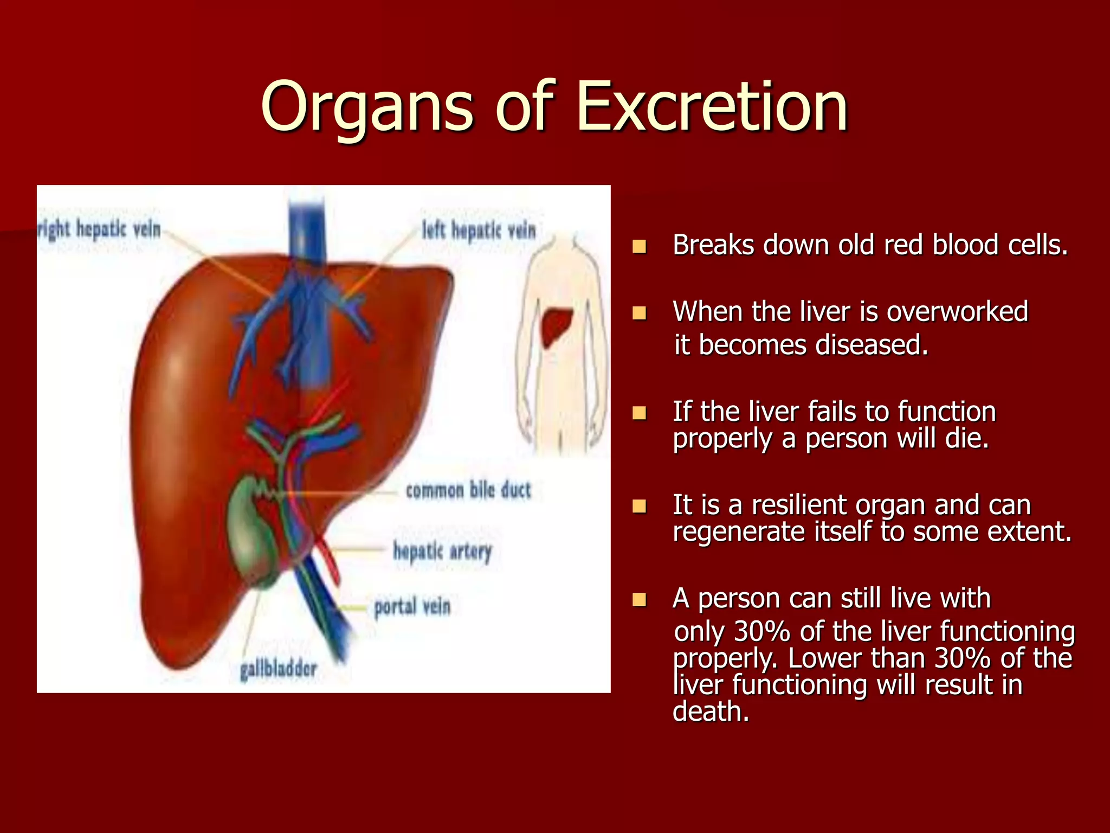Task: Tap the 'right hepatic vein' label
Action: (x=99, y=229)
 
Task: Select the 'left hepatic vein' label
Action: (x=479, y=230)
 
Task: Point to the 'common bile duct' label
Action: (x=468, y=490)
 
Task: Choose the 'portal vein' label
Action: (x=412, y=606)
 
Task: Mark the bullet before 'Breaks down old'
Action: (x=640, y=247)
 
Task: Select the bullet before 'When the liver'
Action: (x=640, y=313)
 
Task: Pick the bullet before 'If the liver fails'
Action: (x=640, y=413)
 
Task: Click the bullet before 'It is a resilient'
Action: (x=640, y=507)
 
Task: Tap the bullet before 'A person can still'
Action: (x=640, y=600)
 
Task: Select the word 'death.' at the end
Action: (x=711, y=712)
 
